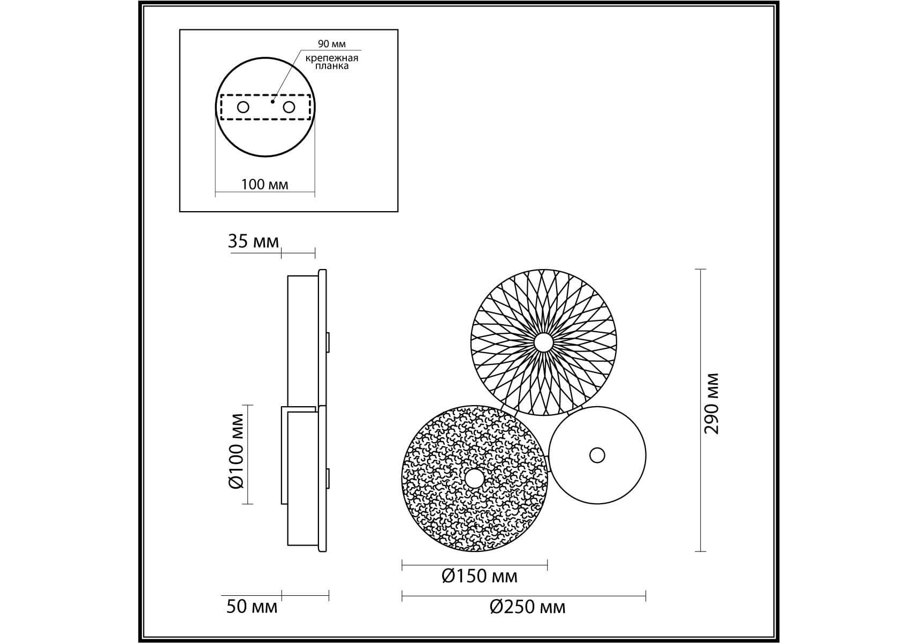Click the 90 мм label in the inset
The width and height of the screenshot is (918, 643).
332,44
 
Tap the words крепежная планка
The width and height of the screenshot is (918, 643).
332,62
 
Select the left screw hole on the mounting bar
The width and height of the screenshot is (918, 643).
243,107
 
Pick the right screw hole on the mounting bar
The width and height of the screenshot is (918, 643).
289,107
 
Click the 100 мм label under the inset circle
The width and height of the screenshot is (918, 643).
264,184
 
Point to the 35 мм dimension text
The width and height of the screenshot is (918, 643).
253,242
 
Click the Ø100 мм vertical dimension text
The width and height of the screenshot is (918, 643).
236,451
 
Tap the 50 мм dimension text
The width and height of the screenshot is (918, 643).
252,607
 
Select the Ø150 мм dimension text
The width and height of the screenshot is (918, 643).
480,576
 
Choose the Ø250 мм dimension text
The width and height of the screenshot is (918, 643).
527,607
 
